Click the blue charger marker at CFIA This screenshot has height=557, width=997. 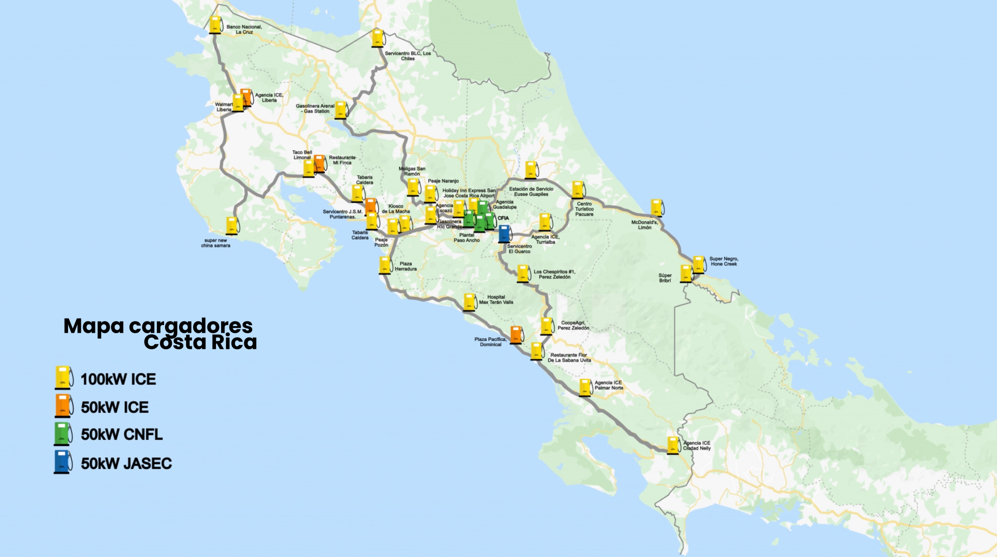click(x=504, y=234)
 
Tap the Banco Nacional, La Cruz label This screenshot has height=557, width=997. click(x=244, y=30)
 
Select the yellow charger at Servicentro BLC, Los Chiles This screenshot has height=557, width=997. click(x=377, y=38)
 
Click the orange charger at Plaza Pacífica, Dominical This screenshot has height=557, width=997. click(x=516, y=335)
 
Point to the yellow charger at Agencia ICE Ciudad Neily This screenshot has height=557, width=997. click(x=673, y=445)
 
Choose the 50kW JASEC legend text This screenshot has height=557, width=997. click(x=126, y=464)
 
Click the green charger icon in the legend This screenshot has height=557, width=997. click(x=62, y=434)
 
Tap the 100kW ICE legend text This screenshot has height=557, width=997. click(x=118, y=379)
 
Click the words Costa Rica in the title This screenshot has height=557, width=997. click(x=200, y=342)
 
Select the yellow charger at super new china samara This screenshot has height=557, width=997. click(x=232, y=226)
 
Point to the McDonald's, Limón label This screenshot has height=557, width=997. click(x=645, y=225)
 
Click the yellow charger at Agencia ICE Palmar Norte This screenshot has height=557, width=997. click(x=585, y=387)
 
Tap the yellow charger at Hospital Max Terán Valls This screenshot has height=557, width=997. click(x=469, y=302)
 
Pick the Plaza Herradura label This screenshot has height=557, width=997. click(x=406, y=267)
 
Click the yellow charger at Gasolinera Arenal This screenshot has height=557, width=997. click(x=341, y=110)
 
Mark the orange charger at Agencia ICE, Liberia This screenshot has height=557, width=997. click(x=246, y=97)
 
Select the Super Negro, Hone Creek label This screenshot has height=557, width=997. click(x=723, y=261)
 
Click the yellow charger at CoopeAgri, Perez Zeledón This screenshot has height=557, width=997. click(x=547, y=326)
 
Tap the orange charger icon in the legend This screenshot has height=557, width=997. click(x=62, y=406)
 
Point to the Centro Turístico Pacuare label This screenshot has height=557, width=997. click(x=584, y=209)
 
